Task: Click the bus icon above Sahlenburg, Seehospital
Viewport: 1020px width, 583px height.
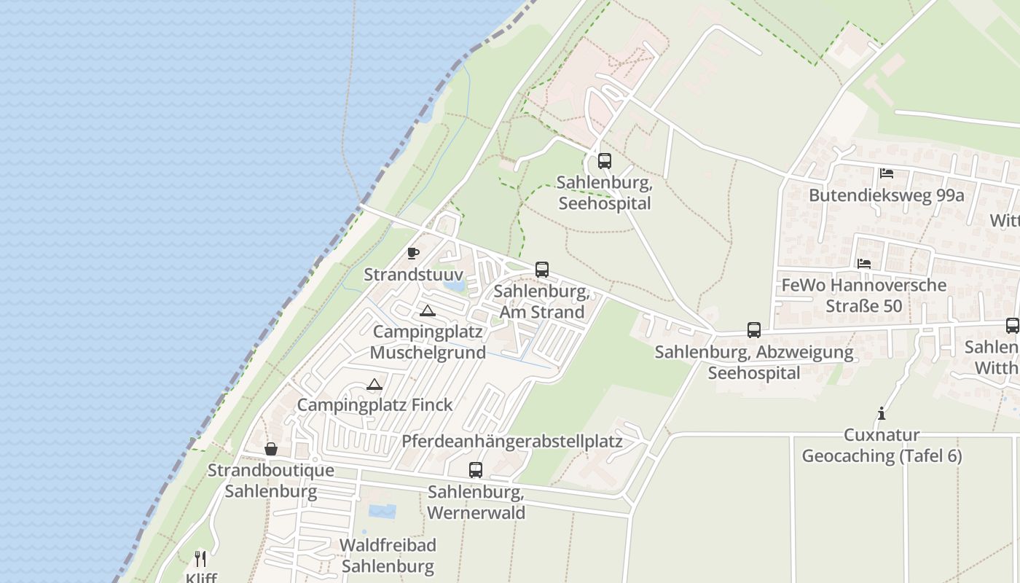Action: [605, 161]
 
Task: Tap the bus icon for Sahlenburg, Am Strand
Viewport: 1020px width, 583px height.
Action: [541, 270]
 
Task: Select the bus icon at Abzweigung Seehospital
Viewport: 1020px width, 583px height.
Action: [754, 330]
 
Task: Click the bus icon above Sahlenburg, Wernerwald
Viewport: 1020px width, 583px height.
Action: [476, 470]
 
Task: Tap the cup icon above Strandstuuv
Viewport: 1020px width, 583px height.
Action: [413, 254]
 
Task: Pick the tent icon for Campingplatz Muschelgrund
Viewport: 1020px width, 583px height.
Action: [428, 311]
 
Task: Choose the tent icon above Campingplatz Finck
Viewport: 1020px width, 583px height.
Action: [374, 384]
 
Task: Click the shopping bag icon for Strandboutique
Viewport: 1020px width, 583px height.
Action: [271, 449]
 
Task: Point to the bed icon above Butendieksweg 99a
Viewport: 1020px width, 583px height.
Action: [887, 173]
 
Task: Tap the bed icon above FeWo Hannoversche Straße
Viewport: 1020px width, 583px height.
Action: [864, 263]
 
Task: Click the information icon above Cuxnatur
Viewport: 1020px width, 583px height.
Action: [882, 414]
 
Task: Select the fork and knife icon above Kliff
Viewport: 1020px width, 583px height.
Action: [200, 559]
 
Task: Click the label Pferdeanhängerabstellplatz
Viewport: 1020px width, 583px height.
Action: [512, 442]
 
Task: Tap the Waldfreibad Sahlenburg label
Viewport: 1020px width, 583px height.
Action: [388, 555]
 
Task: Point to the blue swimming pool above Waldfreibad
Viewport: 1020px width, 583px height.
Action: [382, 512]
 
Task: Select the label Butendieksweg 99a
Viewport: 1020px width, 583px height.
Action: [887, 195]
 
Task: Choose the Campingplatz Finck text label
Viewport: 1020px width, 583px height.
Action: [374, 404]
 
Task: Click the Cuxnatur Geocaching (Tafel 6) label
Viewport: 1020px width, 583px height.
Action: [882, 445]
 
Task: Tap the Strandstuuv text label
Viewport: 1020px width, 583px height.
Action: [413, 275]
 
